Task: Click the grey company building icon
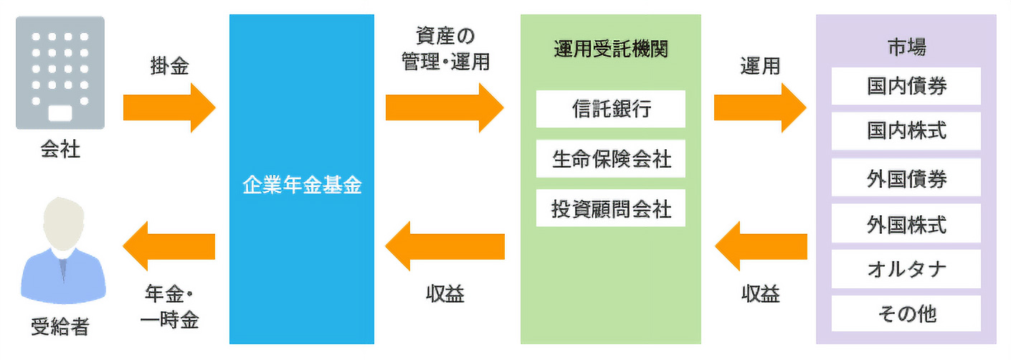60,72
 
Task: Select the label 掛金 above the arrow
169,67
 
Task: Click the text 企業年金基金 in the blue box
302,187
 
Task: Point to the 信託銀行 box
611,109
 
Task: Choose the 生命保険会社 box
611,158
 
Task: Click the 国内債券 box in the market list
906,86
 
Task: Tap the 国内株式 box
906,131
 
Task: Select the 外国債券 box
906,178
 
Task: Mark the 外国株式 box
906,224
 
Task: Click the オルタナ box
906,269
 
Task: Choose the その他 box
906,314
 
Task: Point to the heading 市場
906,47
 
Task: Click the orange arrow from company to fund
169,108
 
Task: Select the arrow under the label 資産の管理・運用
445,108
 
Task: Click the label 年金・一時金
169,307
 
